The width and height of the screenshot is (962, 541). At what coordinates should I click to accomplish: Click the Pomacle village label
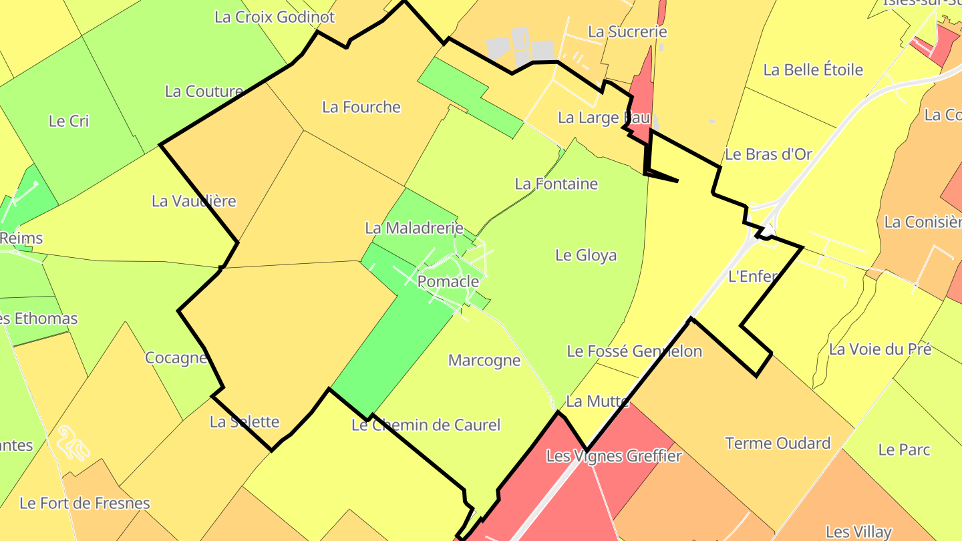point(448,281)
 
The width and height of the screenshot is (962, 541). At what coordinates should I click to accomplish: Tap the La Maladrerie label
point(414,228)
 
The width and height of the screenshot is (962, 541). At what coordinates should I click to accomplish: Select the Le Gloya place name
point(586,255)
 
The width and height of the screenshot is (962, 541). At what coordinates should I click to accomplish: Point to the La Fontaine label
point(556,184)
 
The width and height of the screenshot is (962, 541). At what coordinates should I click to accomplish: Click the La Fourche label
point(361,107)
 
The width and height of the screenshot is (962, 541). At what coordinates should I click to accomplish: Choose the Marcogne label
point(484,361)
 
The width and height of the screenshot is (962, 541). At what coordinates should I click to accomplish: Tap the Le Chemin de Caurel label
point(426,425)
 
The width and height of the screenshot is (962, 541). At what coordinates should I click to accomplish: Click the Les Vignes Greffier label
point(614,456)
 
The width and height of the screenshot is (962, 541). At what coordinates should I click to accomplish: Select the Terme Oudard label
point(778,443)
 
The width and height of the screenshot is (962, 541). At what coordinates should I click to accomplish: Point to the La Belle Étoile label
point(813,69)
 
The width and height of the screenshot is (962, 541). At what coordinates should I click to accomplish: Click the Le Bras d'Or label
point(768,154)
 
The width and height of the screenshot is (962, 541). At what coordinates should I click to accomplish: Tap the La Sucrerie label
point(627,31)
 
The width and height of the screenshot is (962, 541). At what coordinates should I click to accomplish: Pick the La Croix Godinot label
point(275,17)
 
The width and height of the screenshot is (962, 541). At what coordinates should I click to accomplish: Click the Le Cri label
point(69,121)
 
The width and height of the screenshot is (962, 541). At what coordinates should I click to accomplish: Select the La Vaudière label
point(194,200)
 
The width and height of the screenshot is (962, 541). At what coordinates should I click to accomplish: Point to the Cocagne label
point(176,357)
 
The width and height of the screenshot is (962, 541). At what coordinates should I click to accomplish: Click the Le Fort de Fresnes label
point(85,503)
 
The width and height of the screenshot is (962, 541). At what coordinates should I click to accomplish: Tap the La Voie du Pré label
point(880,349)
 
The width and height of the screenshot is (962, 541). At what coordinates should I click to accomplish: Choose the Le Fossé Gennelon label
point(634,351)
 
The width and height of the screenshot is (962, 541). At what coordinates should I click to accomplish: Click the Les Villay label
point(858,532)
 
